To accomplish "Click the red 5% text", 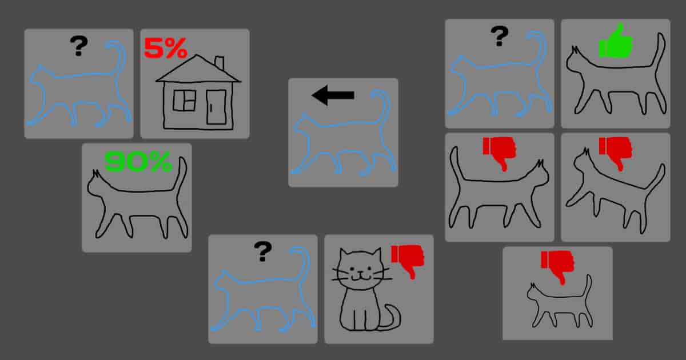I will [x=165, y=48].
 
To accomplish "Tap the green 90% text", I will [x=138, y=162].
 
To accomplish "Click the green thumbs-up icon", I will [x=616, y=42].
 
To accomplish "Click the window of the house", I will [x=185, y=101].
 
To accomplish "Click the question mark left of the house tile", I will [x=78, y=46].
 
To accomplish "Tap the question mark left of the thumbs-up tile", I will [x=499, y=36].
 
